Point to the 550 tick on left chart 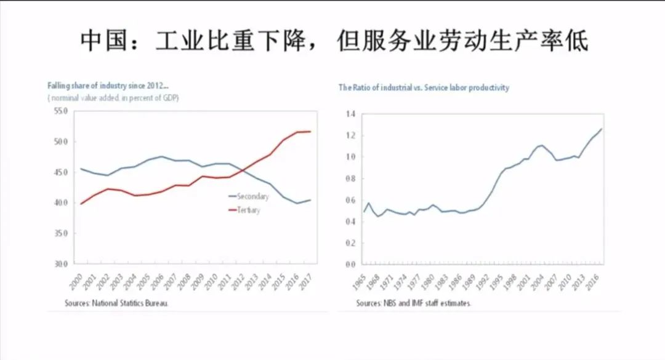click(59, 111)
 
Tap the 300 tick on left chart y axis click(59, 264)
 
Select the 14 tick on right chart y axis click(351, 114)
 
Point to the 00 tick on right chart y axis click(351, 265)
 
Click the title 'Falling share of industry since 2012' click(108, 86)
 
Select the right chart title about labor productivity click(424, 87)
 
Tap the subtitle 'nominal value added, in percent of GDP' click(113, 98)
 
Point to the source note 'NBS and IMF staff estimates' click(414, 303)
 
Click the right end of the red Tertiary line click(310, 132)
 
